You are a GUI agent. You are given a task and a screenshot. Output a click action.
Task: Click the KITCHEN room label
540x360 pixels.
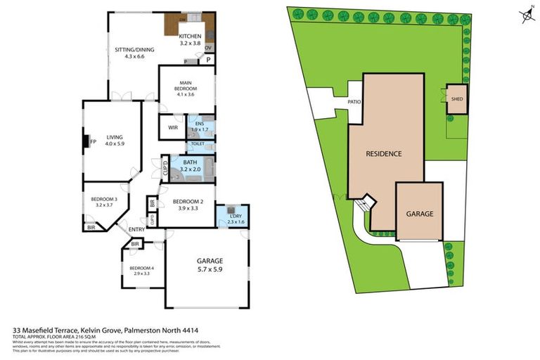coord(190,36)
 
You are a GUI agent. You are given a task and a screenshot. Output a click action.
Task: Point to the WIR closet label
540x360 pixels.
coord(173,127)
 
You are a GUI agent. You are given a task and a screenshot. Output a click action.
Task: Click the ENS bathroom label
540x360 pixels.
coord(200,124)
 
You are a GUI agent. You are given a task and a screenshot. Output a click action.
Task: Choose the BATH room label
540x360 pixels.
coord(191,162)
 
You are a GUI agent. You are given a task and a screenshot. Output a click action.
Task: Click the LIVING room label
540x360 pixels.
coord(115,138)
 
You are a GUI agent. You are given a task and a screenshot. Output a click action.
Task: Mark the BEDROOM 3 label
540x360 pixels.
coord(103,199)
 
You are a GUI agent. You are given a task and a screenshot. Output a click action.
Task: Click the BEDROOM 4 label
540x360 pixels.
coord(141,268)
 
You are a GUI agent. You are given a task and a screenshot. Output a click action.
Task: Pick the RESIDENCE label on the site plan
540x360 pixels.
coord(384,153)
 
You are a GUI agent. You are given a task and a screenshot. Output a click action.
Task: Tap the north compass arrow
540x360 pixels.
coord(524,15)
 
